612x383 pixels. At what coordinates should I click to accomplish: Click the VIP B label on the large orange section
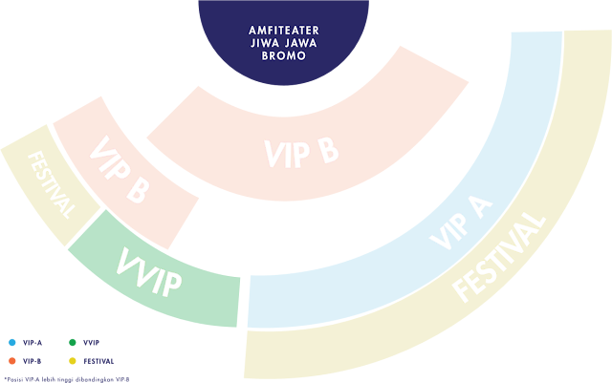301,150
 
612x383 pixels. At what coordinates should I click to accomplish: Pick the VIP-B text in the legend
32,361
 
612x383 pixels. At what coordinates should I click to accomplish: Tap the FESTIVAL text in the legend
98,361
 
